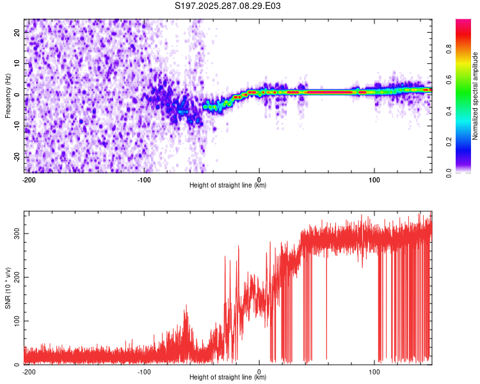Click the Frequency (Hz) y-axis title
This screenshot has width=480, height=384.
(8, 96)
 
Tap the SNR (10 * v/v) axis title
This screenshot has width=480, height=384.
(8, 288)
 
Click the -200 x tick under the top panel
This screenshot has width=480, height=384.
(29, 179)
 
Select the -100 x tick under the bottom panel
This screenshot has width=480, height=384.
(144, 371)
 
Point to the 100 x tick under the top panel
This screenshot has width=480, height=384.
(374, 179)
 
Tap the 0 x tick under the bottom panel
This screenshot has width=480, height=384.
(259, 371)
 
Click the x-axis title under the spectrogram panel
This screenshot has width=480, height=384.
(228, 186)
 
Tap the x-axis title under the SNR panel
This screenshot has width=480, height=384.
(228, 378)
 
